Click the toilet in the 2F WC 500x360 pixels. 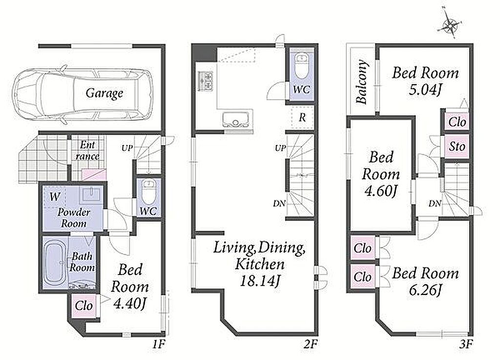tap(301, 67)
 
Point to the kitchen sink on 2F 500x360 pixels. tap(237, 120)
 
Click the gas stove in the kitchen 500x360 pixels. tap(206, 81)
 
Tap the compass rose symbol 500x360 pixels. tap(450, 25)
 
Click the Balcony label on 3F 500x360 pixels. tap(362, 82)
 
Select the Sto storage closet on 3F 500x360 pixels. tap(457, 147)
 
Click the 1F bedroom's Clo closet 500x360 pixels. tap(84, 306)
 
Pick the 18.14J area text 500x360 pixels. tap(259, 281)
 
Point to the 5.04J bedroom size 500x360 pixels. tap(425, 90)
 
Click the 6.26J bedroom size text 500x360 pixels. tap(426, 291)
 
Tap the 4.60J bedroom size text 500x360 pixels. tap(380, 191)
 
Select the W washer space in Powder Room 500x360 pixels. tap(55, 197)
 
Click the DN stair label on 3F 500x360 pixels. tap(435, 203)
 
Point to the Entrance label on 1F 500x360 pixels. tap(87, 150)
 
